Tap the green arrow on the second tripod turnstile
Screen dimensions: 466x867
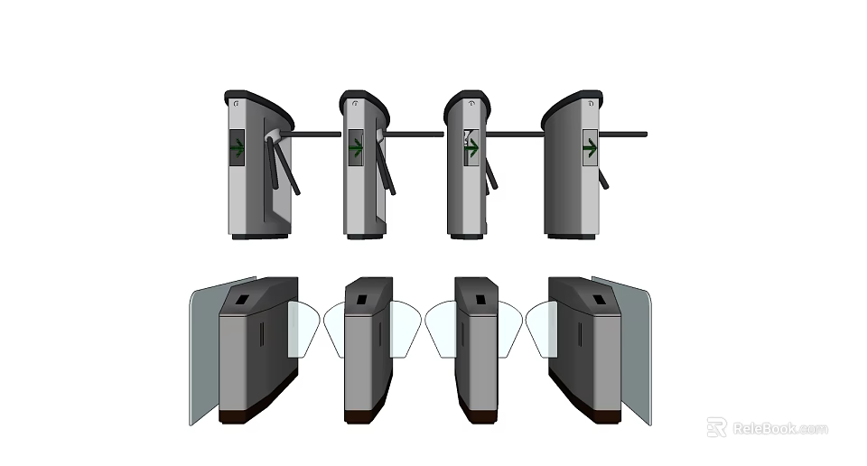click(355, 147)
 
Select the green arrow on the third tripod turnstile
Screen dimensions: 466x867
click(471, 146)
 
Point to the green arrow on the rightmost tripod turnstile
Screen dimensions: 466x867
click(590, 147)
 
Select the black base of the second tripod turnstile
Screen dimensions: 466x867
click(365, 237)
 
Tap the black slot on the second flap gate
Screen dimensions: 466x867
click(361, 299)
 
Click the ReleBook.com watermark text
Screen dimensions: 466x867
click(779, 428)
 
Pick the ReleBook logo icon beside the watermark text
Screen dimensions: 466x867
click(717, 427)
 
